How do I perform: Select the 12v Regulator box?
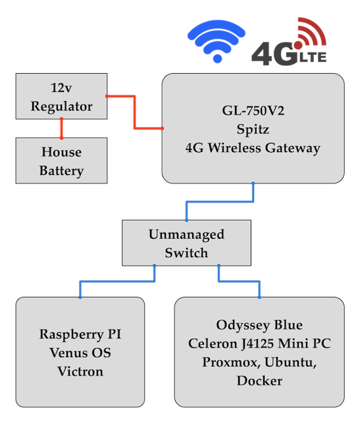63,97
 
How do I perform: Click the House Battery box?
63,161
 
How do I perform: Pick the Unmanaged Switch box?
186,243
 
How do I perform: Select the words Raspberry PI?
80,335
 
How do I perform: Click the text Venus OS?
80,353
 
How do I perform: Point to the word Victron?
80,372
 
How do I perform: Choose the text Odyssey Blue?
259,325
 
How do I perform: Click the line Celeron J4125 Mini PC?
259,343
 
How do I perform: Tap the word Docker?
259,381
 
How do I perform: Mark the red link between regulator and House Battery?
63,128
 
